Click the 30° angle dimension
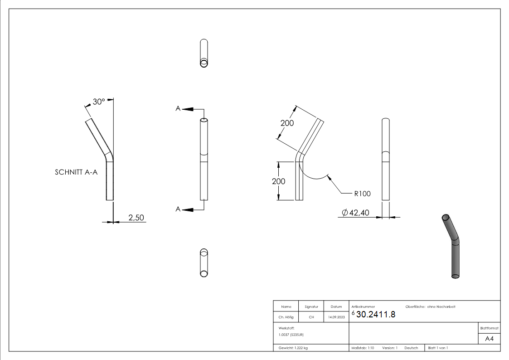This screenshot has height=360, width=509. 98,102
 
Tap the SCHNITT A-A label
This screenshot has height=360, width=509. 76,172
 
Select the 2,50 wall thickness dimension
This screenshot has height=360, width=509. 136,218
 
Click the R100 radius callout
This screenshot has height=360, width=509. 362,194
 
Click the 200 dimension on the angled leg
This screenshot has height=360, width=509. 287,123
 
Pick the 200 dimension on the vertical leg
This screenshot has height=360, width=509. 279,181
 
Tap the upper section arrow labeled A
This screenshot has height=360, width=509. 179,109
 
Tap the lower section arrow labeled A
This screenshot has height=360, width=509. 179,209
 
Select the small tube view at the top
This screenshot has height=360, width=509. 204,54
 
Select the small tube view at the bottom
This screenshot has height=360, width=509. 204,263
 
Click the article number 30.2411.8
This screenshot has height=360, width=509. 376,315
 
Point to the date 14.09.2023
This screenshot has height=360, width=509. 336,317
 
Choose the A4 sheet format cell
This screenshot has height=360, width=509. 489,339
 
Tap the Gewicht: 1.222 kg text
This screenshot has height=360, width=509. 293,348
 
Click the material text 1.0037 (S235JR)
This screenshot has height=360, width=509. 291,334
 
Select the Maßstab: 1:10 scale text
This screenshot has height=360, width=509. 363,348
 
